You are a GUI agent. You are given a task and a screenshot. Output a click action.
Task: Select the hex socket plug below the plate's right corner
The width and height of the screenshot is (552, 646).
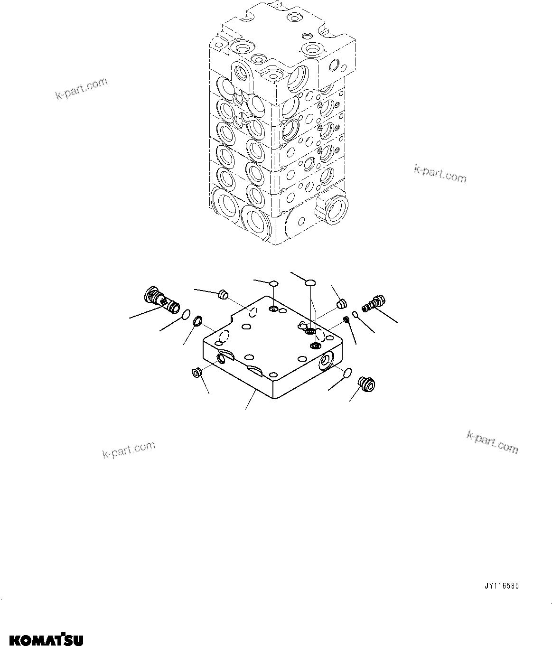point(366,384)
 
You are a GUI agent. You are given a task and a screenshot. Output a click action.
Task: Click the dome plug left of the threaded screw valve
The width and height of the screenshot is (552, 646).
point(340,302)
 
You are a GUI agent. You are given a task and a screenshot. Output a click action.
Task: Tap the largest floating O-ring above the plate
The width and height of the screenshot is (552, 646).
point(309,283)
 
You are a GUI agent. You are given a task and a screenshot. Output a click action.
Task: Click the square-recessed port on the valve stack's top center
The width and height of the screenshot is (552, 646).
point(274,73)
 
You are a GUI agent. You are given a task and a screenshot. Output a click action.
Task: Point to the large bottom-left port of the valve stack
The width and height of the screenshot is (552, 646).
point(225,201)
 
